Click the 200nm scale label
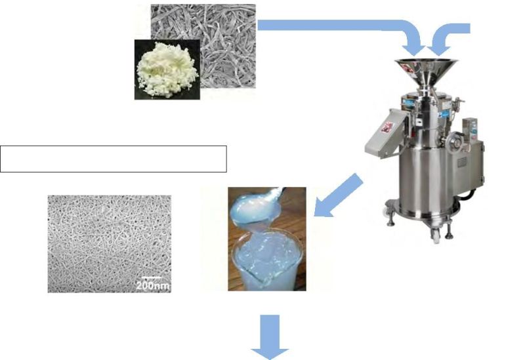click(153, 285)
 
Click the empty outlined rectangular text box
click(114, 159)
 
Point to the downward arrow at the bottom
click(269, 337)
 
